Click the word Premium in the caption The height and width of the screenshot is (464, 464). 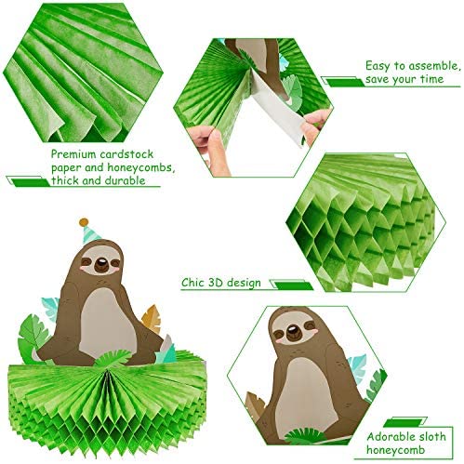tap(73, 154)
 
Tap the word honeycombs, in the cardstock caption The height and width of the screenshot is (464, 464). tap(141, 167)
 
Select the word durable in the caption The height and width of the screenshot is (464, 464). tap(126, 180)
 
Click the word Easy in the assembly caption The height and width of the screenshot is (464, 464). tap(378, 66)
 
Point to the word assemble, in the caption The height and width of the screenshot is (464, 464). tap(432, 66)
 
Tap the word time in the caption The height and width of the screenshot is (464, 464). tap(432, 79)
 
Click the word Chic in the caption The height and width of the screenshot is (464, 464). tap(192, 283)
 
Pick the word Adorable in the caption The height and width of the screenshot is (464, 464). tap(393, 437)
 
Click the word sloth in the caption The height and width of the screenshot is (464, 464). tap(435, 437)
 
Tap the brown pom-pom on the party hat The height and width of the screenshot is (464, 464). tap(84, 222)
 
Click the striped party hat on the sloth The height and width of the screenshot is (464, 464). tap(90, 233)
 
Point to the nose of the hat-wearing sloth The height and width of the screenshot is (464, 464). tap(100, 265)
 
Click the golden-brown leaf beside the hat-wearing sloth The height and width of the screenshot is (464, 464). tap(152, 319)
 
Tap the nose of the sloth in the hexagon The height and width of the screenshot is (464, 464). tap(292, 332)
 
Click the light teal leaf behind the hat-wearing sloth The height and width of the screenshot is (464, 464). tap(50, 309)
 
